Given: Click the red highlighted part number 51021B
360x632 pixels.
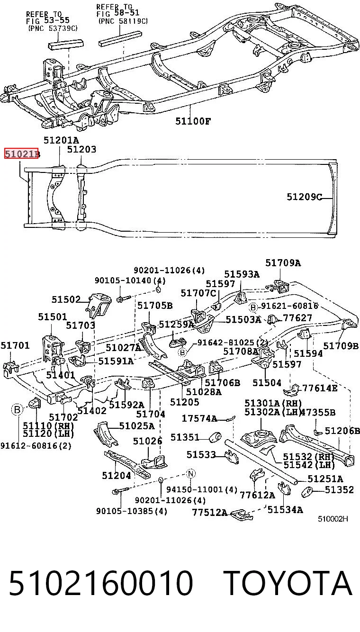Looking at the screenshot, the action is pyautogui.click(x=21, y=154).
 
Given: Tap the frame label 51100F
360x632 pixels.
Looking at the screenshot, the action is pyautogui.click(x=193, y=121).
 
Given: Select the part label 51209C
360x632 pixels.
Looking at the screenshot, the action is pyautogui.click(x=305, y=197).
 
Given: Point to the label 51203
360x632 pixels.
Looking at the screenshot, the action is pyautogui.click(x=81, y=149).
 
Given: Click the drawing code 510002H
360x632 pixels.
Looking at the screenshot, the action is pyautogui.click(x=333, y=519).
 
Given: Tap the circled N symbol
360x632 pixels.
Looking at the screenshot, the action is pyautogui.click(x=191, y=474).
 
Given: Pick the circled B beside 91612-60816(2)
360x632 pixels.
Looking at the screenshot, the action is pyautogui.click(x=17, y=409).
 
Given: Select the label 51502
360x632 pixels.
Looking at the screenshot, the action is pyautogui.click(x=66, y=299).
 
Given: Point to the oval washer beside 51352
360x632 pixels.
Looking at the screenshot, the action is pyautogui.click(x=307, y=492).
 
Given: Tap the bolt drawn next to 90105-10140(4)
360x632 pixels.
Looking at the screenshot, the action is pyautogui.click(x=124, y=298).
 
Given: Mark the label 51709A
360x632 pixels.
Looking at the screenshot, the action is pyautogui.click(x=283, y=263).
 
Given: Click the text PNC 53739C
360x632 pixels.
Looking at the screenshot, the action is pyautogui.click(x=53, y=28).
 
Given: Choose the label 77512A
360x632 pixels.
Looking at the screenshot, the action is pyautogui.click(x=210, y=512).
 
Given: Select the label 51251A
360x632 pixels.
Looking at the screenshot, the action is pyautogui.click(x=325, y=479).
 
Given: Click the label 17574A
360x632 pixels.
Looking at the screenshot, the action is pyautogui.click(x=199, y=418).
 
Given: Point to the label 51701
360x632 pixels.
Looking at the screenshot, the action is pyautogui.click(x=15, y=345).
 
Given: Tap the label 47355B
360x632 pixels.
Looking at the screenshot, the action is pyautogui.click(x=318, y=413).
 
